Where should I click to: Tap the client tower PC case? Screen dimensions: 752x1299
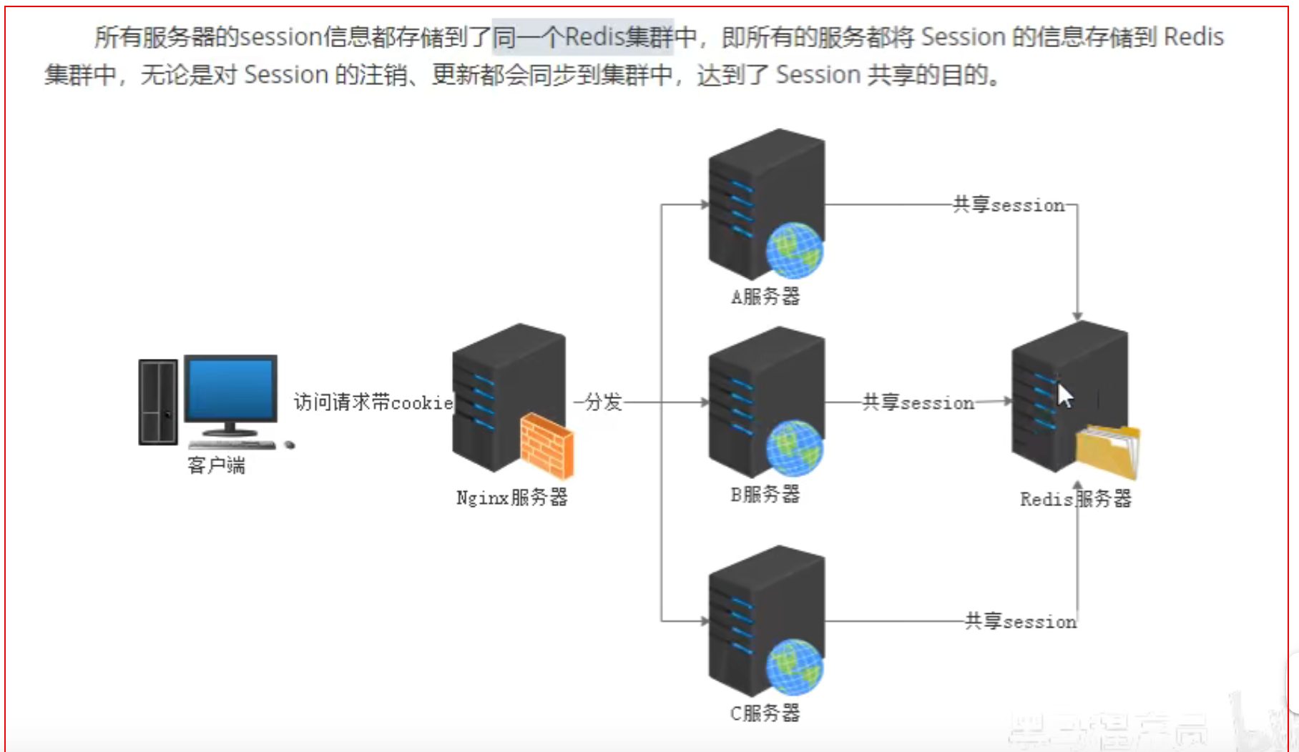158,402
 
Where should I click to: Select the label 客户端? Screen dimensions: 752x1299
216,465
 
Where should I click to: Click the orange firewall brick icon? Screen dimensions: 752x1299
546,446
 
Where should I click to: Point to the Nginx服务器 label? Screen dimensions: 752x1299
511,498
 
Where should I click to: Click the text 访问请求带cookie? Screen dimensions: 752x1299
373,402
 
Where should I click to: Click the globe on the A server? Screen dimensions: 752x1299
794,250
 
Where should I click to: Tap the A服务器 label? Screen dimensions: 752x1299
765,296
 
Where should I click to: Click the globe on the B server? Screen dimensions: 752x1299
794,448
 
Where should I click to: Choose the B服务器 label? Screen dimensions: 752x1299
765,494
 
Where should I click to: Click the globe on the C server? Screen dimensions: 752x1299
794,667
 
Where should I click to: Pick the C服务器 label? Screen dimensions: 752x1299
765,713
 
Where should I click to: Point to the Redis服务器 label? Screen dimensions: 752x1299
1075,499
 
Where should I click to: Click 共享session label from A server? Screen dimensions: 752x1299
1009,205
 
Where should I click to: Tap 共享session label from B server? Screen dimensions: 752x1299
918,402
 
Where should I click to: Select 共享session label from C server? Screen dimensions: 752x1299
1020,621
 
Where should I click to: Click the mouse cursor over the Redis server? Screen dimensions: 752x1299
1065,395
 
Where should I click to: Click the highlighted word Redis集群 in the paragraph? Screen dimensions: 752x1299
619,37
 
